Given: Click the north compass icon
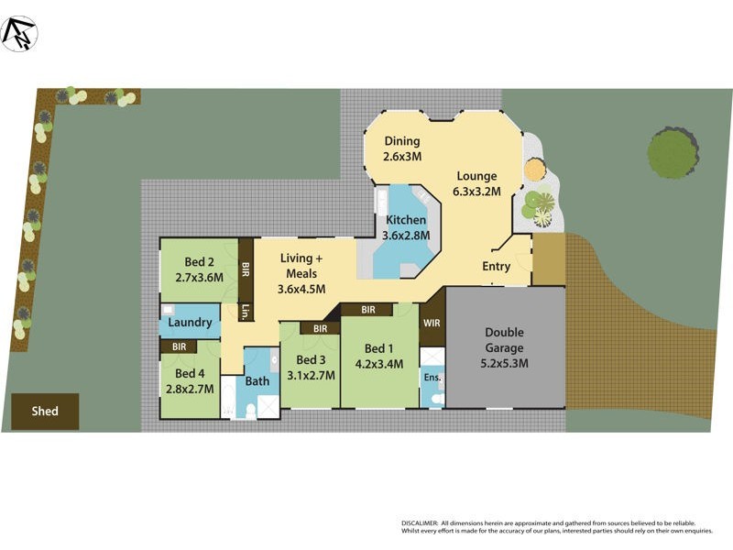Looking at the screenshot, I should click(x=19, y=34).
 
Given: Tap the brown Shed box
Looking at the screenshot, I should click(x=45, y=412).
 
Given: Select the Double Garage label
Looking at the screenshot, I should click(x=505, y=340).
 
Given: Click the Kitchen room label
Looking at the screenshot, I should click(x=405, y=221).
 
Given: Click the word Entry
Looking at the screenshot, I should click(x=497, y=267).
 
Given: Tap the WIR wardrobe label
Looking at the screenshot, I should click(x=432, y=323).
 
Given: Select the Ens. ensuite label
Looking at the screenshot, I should click(x=431, y=376).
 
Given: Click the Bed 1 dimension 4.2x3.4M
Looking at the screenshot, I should click(x=379, y=363).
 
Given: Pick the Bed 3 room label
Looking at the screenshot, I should click(x=312, y=360).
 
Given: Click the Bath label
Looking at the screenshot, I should click(x=257, y=381).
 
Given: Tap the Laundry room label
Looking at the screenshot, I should click(x=191, y=323).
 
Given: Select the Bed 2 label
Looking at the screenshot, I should click(x=199, y=260).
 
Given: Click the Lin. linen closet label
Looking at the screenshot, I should click(x=246, y=312).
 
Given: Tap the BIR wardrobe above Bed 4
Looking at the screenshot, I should click(x=179, y=346).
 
